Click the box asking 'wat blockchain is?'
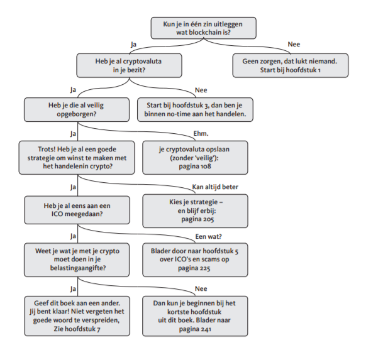point(203,28)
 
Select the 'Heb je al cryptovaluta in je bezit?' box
point(129,65)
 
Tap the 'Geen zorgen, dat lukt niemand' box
point(291,65)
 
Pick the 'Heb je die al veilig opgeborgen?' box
point(77,109)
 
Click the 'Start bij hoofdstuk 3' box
point(195,109)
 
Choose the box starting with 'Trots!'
point(77,158)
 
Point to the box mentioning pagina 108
point(195,158)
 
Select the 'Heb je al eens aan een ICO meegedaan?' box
point(77,210)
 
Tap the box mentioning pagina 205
point(195,210)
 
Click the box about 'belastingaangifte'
point(77,259)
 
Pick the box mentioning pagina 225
point(195,259)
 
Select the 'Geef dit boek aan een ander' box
point(77,316)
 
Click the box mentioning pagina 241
point(195,316)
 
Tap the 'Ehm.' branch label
point(201,134)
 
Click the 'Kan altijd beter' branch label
point(215,187)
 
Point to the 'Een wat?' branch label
point(208,236)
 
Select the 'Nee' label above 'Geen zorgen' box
point(294,45)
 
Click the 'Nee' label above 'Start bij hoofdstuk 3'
point(201,90)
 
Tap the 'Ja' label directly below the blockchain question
point(133,45)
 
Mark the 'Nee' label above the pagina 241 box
point(201,288)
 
